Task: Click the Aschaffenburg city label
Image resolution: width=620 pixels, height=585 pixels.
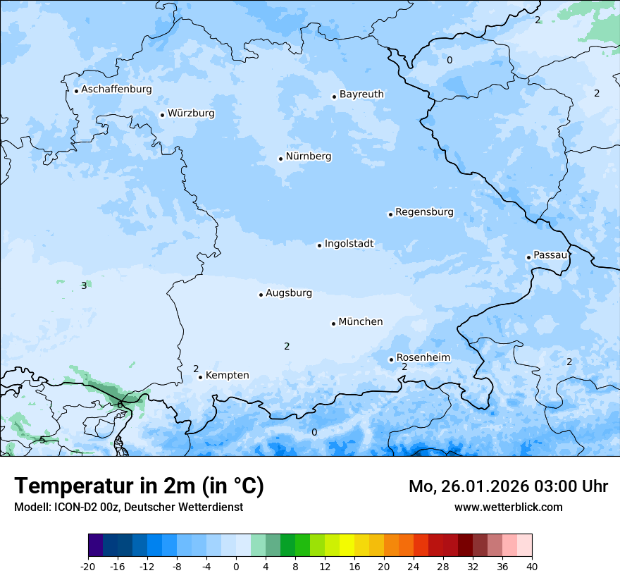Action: point(116,90)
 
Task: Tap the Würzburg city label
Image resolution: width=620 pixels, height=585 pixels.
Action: point(191,113)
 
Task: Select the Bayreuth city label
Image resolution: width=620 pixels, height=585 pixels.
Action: point(361,94)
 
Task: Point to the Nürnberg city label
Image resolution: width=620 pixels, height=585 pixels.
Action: point(308,156)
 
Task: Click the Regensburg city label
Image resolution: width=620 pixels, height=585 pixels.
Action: point(424,212)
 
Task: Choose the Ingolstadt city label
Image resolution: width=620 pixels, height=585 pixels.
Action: point(349,244)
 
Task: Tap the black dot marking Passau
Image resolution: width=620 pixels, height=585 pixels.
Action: point(528,257)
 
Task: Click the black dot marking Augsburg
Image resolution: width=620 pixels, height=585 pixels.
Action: point(261,295)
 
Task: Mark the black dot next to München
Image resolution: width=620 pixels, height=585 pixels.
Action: point(333,324)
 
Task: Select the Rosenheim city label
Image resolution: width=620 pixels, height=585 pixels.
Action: point(423,357)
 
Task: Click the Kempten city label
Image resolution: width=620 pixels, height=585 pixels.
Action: point(227,376)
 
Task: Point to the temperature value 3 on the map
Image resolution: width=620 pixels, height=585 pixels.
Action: point(84,285)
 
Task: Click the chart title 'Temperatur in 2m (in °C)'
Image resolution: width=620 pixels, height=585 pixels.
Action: point(139,486)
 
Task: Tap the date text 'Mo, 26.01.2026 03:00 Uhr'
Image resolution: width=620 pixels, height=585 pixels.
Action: point(508,486)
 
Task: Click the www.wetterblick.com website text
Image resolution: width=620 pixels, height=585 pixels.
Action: point(508,507)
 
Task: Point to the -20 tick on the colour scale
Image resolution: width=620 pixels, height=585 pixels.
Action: point(88,566)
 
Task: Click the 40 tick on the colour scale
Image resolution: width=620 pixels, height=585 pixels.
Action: point(532,566)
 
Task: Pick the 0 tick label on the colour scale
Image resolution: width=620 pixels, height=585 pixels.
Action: point(236,566)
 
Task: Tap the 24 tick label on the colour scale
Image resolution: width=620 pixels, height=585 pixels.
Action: point(414,566)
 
